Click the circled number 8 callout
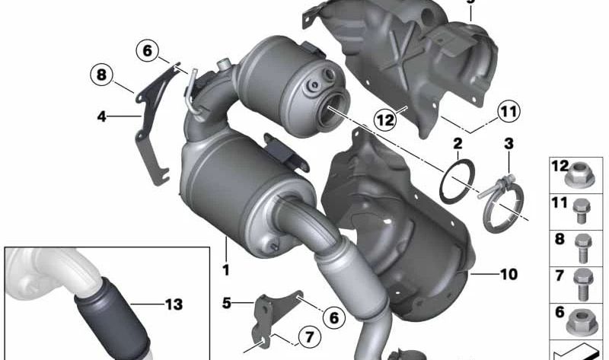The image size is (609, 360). point(101,75)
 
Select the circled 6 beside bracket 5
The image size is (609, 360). point(334,317)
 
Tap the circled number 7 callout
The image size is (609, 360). point(309,336)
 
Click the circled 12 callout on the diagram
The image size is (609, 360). point(385,119)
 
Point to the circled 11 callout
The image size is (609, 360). point(509,111)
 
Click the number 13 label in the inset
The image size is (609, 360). point(174,304)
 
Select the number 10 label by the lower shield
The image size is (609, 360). point(509,275)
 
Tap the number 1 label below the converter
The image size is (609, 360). point(225,269)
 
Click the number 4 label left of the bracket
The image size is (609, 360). point(102,116)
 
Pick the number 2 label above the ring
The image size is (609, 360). point(458,144)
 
